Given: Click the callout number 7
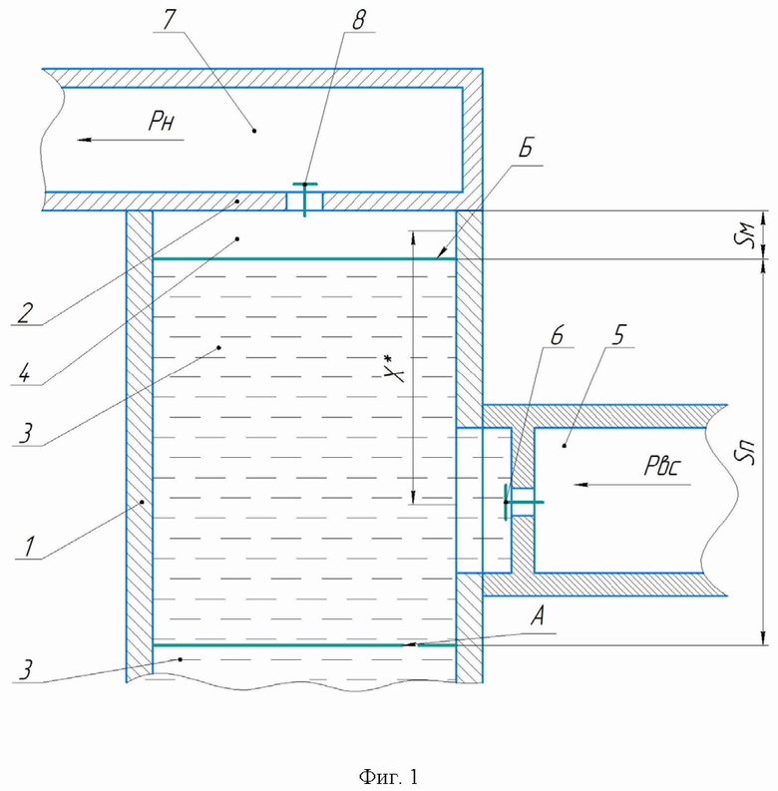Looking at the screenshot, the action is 168,20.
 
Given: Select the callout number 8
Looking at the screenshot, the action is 358,20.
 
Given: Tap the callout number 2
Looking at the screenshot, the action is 25,313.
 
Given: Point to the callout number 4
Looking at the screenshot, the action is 25,374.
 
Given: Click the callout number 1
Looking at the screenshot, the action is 29,547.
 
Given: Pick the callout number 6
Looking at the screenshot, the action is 557,335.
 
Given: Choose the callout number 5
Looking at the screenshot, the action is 619,335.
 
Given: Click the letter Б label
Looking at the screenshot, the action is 526,148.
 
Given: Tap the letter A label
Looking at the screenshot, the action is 539,616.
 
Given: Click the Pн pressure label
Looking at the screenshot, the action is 162,121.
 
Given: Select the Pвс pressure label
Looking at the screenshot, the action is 662,466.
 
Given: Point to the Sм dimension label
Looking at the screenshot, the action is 747,234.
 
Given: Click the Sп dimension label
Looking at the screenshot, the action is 745,452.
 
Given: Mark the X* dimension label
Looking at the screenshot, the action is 393,368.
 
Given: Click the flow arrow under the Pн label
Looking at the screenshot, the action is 131,140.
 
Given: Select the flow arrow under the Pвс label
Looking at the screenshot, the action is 632,485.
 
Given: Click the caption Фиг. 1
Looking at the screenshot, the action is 388,776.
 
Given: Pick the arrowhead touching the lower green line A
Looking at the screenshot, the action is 411,644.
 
